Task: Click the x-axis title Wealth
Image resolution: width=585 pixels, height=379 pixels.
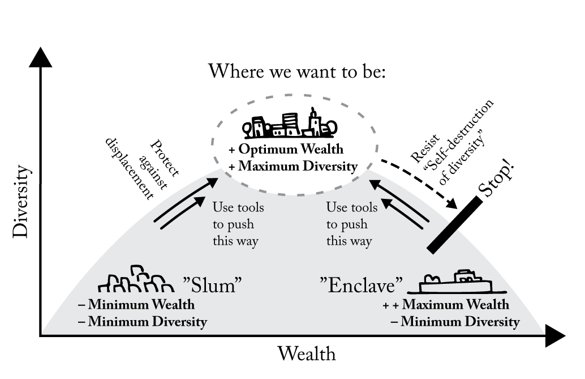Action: (x=306, y=354)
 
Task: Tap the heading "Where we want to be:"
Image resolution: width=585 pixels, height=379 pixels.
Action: (x=297, y=72)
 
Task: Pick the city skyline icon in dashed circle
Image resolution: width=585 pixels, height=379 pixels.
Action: (x=290, y=124)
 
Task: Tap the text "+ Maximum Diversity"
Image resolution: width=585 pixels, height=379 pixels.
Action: (x=292, y=167)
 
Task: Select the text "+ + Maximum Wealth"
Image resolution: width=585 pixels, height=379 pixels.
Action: (x=446, y=305)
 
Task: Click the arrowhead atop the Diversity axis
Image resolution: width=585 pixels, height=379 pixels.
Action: (x=40, y=57)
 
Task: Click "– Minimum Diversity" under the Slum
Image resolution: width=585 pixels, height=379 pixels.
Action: (x=143, y=322)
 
